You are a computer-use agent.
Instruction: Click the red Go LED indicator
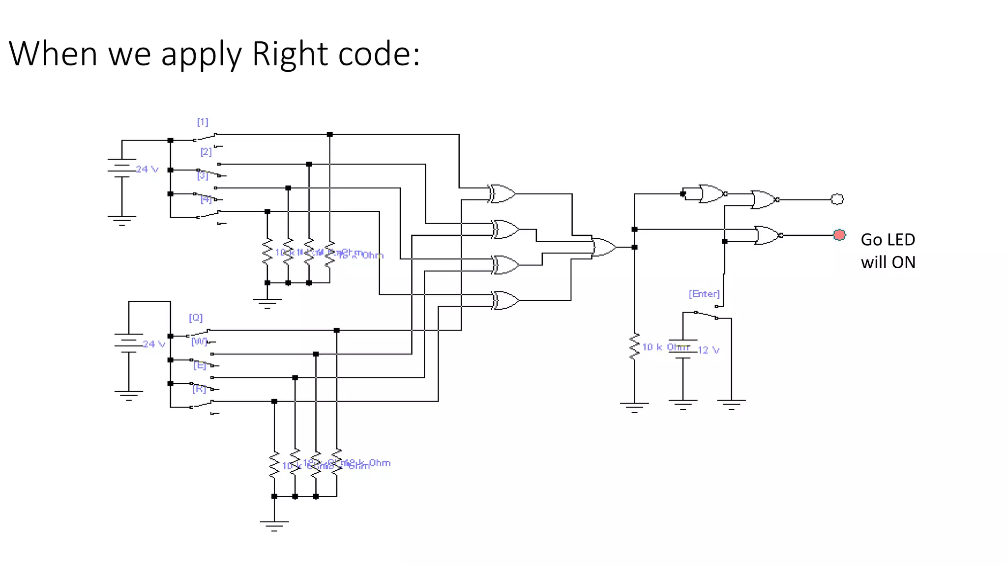839,235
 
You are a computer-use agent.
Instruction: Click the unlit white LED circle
837,199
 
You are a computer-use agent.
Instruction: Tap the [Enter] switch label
704,294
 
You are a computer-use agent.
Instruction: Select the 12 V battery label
709,350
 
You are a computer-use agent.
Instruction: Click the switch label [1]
203,122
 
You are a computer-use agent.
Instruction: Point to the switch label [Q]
196,317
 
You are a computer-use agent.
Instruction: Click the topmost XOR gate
502,194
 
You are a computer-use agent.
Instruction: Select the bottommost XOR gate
505,300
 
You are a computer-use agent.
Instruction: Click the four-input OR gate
604,247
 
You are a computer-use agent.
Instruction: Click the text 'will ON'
888,262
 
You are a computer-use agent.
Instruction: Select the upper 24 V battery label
148,169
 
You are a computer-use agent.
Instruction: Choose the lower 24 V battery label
154,344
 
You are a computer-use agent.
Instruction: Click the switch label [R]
199,389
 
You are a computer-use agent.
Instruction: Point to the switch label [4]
206,199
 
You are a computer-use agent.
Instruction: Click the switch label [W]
199,341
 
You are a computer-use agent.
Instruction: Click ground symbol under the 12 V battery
682,404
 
